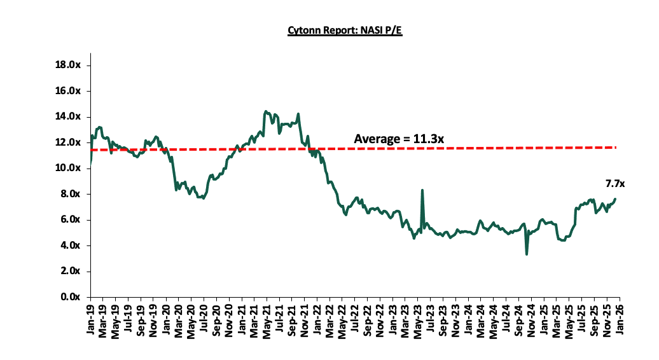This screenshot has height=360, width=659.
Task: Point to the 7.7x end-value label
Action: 614,183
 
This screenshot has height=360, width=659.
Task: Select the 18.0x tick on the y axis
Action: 68,65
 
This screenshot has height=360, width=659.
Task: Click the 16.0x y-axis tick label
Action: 68,91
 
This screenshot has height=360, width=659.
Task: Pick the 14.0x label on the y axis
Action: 68,116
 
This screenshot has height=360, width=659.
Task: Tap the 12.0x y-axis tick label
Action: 68,142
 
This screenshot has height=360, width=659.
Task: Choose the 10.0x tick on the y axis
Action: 68,168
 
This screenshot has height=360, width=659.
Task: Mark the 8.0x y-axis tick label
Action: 71,194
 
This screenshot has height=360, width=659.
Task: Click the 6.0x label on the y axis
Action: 71,219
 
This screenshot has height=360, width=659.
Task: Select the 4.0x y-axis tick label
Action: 71,246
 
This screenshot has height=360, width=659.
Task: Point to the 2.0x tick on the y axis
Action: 71,271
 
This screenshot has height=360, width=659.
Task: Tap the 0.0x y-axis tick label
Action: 71,297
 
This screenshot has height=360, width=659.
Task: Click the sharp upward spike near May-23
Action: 422,190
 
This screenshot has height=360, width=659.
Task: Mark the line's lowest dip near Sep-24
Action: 527,254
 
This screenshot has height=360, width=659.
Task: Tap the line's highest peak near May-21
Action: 265,111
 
